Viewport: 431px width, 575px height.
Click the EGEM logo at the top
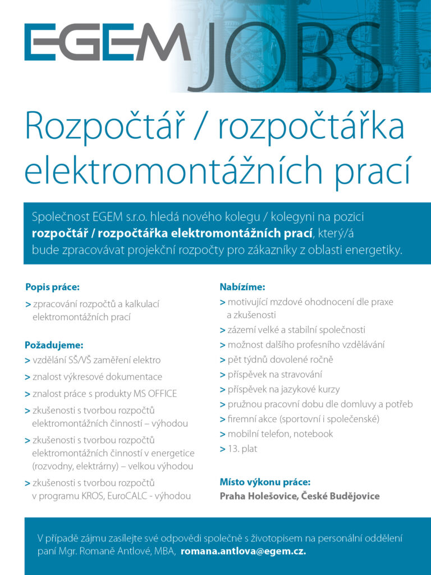click(107, 42)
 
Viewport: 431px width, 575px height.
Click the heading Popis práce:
click(53, 287)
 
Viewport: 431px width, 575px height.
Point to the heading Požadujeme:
click(54, 345)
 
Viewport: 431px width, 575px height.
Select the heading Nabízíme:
click(242, 287)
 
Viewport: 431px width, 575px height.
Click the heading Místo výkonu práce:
click(265, 482)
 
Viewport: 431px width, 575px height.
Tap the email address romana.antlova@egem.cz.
click(243, 551)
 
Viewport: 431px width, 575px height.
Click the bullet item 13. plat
click(242, 448)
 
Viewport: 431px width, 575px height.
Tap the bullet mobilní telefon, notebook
click(280, 433)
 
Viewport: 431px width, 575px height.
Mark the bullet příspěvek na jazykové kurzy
click(283, 389)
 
